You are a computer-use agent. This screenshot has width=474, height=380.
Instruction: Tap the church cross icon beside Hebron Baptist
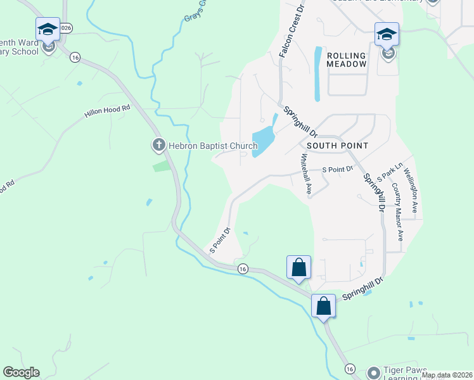click(x=158, y=146)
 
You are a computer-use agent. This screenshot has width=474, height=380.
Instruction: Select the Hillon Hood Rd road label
click(x=107, y=111)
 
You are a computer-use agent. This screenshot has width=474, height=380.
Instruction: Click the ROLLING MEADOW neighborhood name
click(x=347, y=60)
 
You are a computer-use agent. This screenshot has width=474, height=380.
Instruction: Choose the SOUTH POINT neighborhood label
click(x=336, y=146)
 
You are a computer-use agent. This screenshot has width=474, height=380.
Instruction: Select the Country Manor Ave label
click(x=397, y=212)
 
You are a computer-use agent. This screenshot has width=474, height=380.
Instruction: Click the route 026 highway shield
click(x=67, y=28)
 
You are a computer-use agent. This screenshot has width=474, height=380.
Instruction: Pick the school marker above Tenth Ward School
click(x=48, y=30)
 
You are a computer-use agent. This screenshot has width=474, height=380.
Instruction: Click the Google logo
click(x=21, y=372)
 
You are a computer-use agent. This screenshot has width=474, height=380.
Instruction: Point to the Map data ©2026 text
click(x=446, y=375)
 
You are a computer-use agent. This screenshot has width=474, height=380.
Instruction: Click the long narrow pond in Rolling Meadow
click(x=317, y=75)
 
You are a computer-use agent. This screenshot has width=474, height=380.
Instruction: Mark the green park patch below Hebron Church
click(x=162, y=166)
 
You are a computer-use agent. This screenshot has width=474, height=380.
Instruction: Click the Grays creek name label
click(x=195, y=11)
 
